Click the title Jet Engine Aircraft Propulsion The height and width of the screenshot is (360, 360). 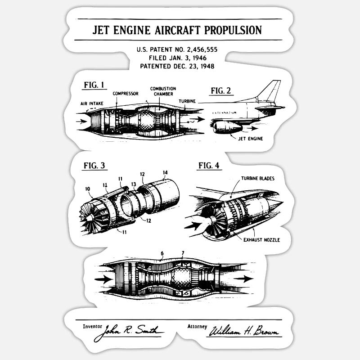click(177, 30)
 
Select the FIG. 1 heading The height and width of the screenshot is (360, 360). click(94, 85)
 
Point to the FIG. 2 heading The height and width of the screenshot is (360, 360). click(221, 90)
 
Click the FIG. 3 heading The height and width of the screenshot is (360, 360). click(94, 165)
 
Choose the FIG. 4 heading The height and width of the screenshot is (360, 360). click(209, 165)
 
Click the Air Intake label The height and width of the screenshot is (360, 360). click(92, 103)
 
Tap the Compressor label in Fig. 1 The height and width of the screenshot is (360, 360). click(126, 94)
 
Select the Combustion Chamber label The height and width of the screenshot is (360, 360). click(163, 91)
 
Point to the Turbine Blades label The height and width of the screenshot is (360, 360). click(258, 178)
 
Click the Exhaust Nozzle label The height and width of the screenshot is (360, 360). click(261, 240)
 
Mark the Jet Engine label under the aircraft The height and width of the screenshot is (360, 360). click(251, 138)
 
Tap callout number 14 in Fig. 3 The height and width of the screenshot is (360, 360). click(165, 172)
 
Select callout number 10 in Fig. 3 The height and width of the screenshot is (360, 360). click(88, 189)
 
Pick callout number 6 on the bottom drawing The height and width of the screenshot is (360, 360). click(162, 253)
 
